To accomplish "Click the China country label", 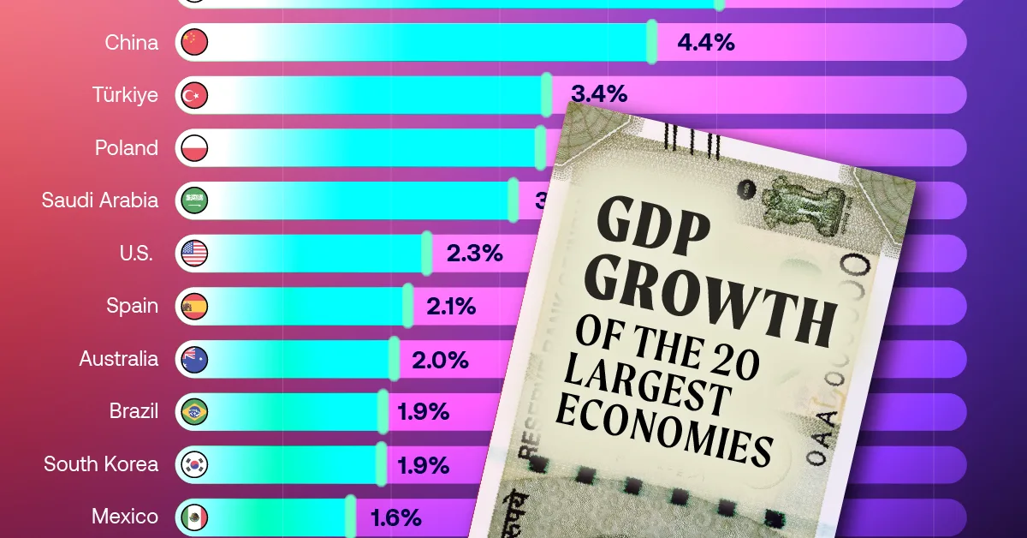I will (x=131, y=42).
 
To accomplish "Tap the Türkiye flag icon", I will (x=194, y=95).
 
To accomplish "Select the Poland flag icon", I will (x=194, y=147).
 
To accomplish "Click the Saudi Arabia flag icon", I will (x=194, y=200).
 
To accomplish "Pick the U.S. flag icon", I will (x=194, y=253).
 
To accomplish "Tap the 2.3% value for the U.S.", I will (x=473, y=253).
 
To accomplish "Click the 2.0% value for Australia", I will (x=440, y=359).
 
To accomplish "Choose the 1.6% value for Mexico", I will (x=395, y=517).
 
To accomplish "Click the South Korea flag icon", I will (x=194, y=464).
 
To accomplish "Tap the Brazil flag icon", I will (x=194, y=412).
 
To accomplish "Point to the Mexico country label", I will (x=125, y=517).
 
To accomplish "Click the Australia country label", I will (x=119, y=359).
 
